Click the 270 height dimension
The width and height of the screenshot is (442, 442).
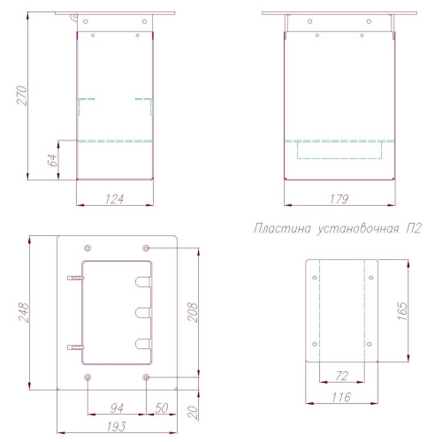tap(22, 95)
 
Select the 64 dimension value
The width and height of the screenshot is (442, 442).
tap(52, 160)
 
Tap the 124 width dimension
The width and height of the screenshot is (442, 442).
tap(115, 199)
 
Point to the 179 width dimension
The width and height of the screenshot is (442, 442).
tap(339, 199)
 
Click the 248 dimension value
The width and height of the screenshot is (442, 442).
tap(24, 312)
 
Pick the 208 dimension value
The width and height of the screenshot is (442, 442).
tap(193, 312)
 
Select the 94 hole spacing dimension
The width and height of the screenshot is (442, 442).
tap(117, 408)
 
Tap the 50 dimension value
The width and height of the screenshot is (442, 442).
tap(162, 408)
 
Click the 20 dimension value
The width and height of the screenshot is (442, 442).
tap(193, 413)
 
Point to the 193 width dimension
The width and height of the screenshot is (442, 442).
tap(116, 426)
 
